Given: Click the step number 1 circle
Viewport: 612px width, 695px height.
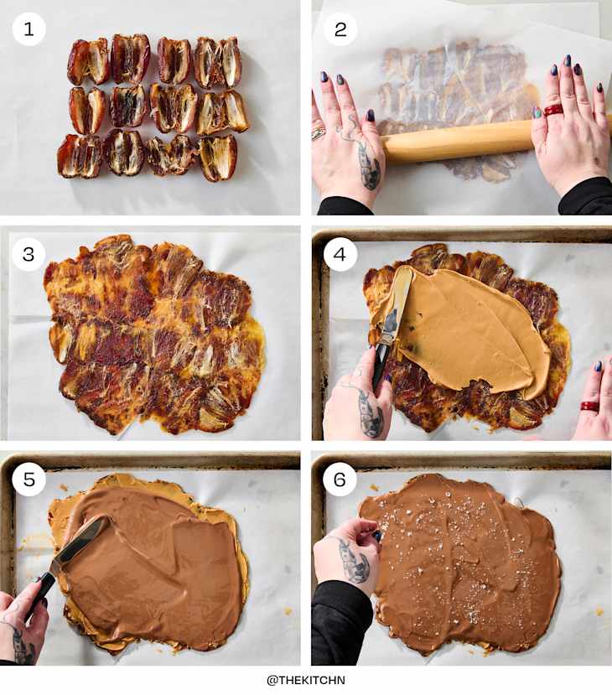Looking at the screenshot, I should click(x=29, y=29).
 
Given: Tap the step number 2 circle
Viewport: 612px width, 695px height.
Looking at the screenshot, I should click(x=340, y=29).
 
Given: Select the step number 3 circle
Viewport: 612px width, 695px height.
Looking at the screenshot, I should click(x=29, y=254).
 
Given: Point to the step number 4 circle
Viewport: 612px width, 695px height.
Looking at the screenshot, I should click(x=340, y=254).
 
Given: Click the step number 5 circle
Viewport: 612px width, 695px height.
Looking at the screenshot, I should click(x=29, y=480).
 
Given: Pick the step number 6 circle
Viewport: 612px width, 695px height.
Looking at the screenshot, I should click(x=340, y=480).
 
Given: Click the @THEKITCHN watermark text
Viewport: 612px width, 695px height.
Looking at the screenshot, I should click(x=306, y=680).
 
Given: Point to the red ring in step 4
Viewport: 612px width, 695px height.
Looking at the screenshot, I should click(x=590, y=407).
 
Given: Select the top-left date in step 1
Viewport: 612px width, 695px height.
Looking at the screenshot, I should click(x=87, y=60).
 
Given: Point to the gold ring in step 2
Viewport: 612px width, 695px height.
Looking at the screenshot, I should click(x=319, y=132).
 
